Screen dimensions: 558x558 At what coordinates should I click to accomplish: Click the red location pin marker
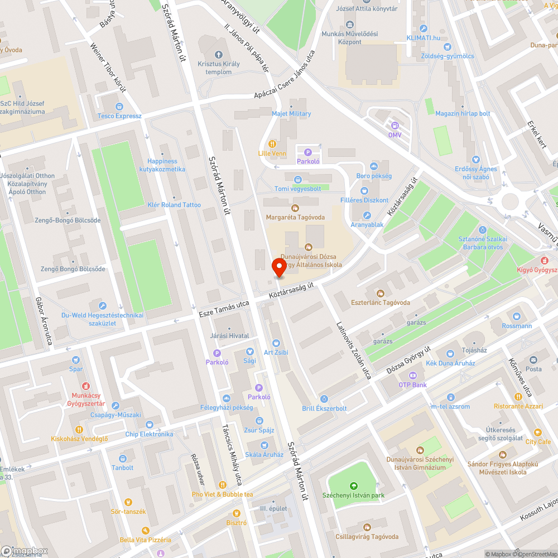(279, 268)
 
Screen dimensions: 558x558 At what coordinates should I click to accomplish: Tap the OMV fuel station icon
(395, 126)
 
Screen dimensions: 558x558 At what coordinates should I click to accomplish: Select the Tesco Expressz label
(120, 116)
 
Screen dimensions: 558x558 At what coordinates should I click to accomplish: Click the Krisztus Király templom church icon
(218, 55)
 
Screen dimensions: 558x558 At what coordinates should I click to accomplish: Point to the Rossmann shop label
(517, 326)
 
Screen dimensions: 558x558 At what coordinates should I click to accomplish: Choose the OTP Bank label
(412, 385)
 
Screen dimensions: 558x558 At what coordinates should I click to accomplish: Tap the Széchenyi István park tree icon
(353, 486)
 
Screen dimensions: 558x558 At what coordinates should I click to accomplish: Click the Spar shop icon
(76, 360)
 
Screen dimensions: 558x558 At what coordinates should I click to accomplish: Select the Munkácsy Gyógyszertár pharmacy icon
(85, 386)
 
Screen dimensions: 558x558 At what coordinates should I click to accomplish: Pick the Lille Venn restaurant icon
(272, 143)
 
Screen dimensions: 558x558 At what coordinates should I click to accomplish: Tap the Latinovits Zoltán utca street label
(354, 350)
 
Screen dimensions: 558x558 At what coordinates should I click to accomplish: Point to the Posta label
(533, 369)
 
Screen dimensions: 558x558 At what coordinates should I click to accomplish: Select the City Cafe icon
(538, 432)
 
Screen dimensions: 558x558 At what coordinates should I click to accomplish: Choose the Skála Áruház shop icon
(264, 445)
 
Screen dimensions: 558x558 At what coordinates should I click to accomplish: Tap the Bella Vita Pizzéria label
(146, 540)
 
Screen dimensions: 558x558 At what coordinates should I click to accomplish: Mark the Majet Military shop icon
(291, 105)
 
